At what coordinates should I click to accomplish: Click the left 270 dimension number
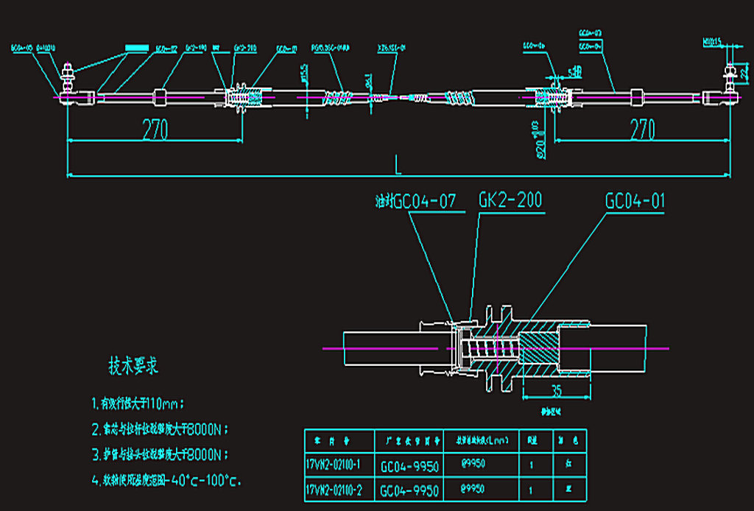coord(155,130)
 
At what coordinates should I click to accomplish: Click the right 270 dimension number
coord(642,130)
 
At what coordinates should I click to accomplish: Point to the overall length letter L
coord(398,166)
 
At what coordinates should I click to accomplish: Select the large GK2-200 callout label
coord(512,200)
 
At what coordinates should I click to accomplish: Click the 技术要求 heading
coord(133,365)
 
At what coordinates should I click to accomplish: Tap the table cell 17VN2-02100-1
coord(338,465)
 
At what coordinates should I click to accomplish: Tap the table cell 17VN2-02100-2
coord(338,490)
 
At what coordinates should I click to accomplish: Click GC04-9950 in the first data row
coord(409,465)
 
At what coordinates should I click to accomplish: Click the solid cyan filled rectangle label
coord(136,46)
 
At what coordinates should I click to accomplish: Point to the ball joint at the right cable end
coord(730,94)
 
